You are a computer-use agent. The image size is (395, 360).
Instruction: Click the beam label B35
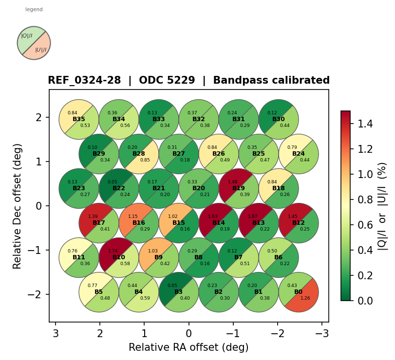pos(79,119)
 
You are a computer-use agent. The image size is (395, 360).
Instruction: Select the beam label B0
pos(299,292)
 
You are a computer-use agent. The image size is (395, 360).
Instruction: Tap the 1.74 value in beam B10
pos(112,251)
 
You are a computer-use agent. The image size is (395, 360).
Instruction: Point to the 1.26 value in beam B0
pos(305,298)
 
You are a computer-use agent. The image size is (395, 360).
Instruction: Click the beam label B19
pos(239,188)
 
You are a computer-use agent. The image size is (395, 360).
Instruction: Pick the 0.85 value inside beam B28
pos(145,160)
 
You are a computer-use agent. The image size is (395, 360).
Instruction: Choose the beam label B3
pos(179,292)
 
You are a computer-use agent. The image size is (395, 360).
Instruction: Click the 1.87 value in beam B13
pos(252,216)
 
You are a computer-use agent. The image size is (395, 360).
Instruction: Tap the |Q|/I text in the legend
pos(27,36)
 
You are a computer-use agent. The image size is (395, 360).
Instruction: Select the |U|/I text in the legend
pos(41,50)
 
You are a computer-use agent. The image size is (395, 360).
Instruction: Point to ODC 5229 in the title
pos(167,81)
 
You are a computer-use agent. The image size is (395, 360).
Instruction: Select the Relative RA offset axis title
pos(188,347)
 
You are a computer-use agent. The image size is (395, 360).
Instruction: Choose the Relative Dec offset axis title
pos(18,206)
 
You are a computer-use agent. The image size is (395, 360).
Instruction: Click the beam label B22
pos(119,188)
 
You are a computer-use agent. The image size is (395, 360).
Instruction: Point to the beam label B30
pos(279,119)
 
